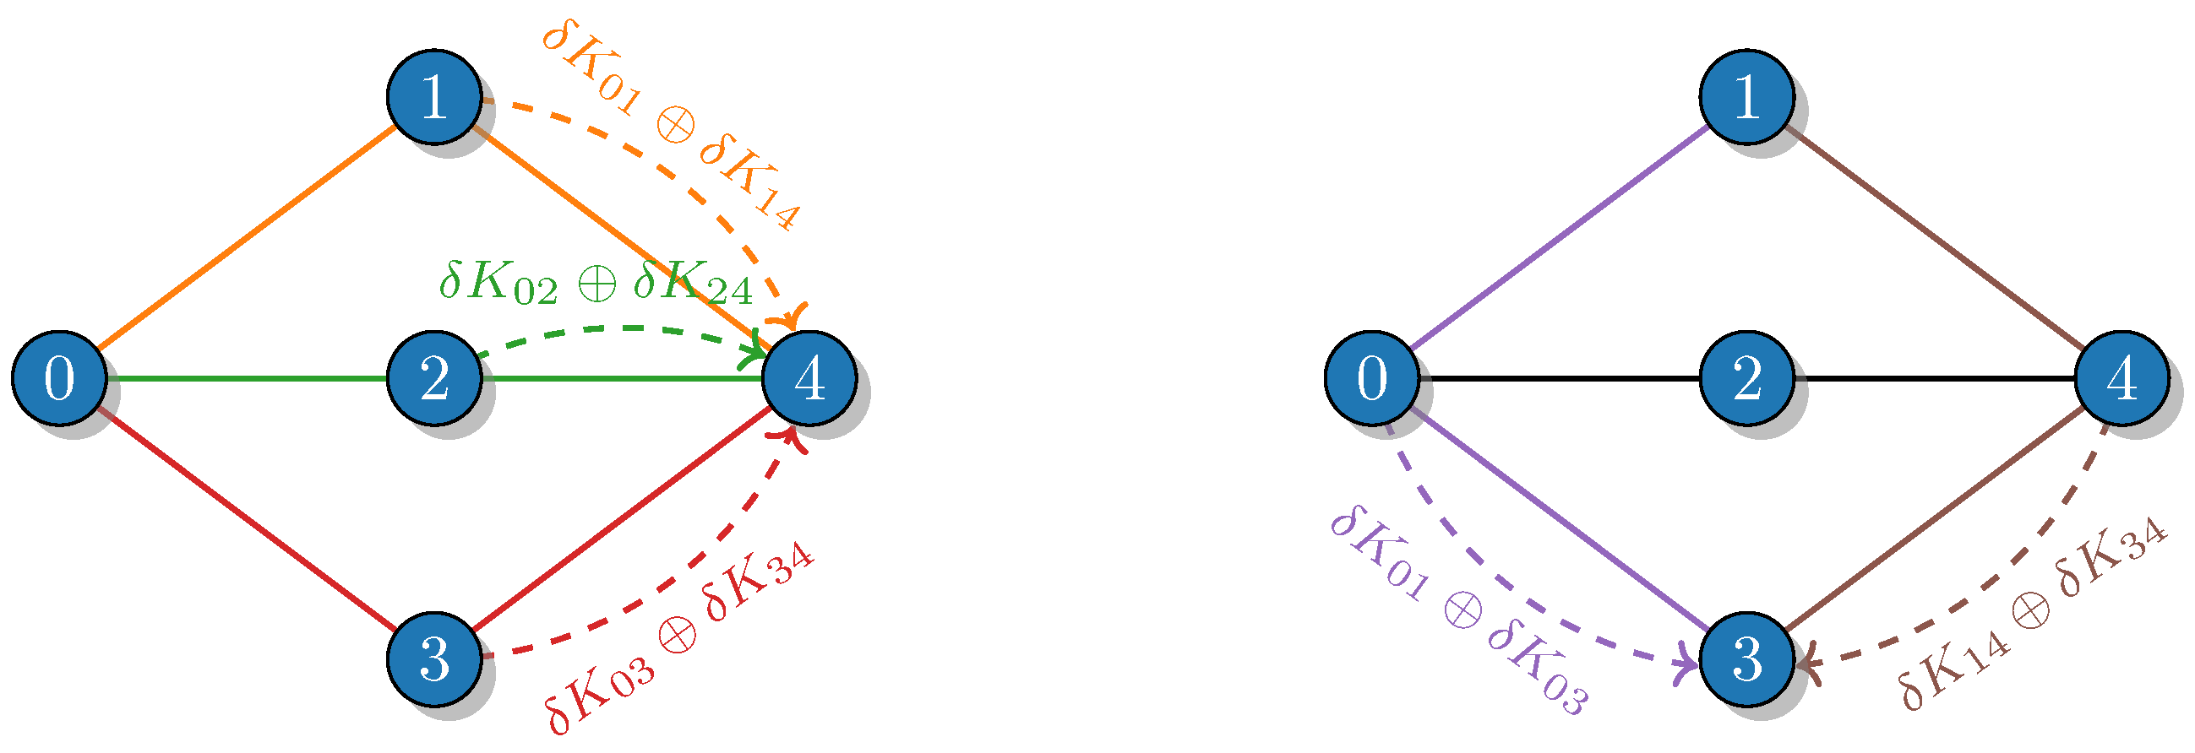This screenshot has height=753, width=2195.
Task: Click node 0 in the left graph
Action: pos(59,377)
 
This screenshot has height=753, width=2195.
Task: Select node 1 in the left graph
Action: pos(433,96)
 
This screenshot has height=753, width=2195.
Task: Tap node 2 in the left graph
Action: pos(433,377)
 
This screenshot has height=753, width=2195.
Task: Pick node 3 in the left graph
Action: pos(433,658)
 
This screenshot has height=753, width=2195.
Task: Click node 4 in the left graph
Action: pos(809,377)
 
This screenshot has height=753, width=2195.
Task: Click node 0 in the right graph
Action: pos(1372,377)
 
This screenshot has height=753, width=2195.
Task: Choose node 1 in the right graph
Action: pos(1747,96)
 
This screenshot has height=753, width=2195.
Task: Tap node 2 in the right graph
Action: pos(1747,377)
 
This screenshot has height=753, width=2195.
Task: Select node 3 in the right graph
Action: pos(1747,658)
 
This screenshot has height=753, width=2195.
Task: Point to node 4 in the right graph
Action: pos(2121,377)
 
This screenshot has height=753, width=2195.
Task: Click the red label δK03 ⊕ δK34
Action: pos(680,637)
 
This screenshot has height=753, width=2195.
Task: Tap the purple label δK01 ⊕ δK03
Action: pos(1459,609)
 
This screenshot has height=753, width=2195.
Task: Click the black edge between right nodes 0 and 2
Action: pos(1560,377)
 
